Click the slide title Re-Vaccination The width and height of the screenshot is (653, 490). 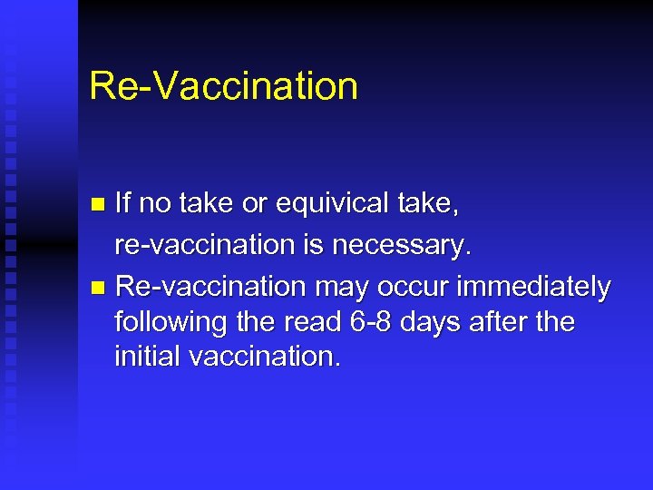223,86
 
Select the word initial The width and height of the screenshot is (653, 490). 147,357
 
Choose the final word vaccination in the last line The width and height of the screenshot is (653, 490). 265,357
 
